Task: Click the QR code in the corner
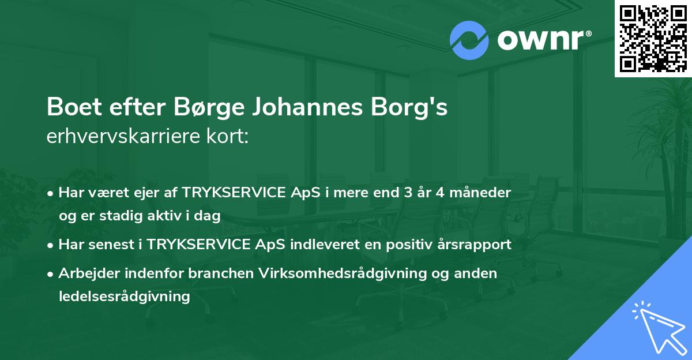653,38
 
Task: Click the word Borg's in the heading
412,108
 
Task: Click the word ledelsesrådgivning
124,297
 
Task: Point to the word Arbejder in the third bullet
85,273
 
